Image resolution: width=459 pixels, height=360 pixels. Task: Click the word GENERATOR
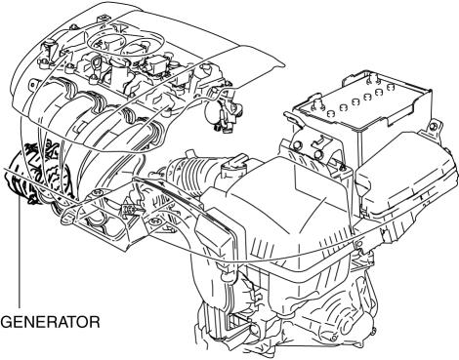coord(51,322)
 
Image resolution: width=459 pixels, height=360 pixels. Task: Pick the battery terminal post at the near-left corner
coord(317,103)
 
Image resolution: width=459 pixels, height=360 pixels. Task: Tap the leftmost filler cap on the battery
coord(330,113)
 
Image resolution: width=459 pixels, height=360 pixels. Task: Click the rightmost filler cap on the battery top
coord(390,87)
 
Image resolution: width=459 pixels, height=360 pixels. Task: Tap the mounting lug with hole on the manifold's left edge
coord(31,85)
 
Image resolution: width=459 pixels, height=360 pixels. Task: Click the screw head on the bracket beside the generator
coord(97,194)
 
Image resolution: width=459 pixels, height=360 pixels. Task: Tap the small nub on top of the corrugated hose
coord(188,154)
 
